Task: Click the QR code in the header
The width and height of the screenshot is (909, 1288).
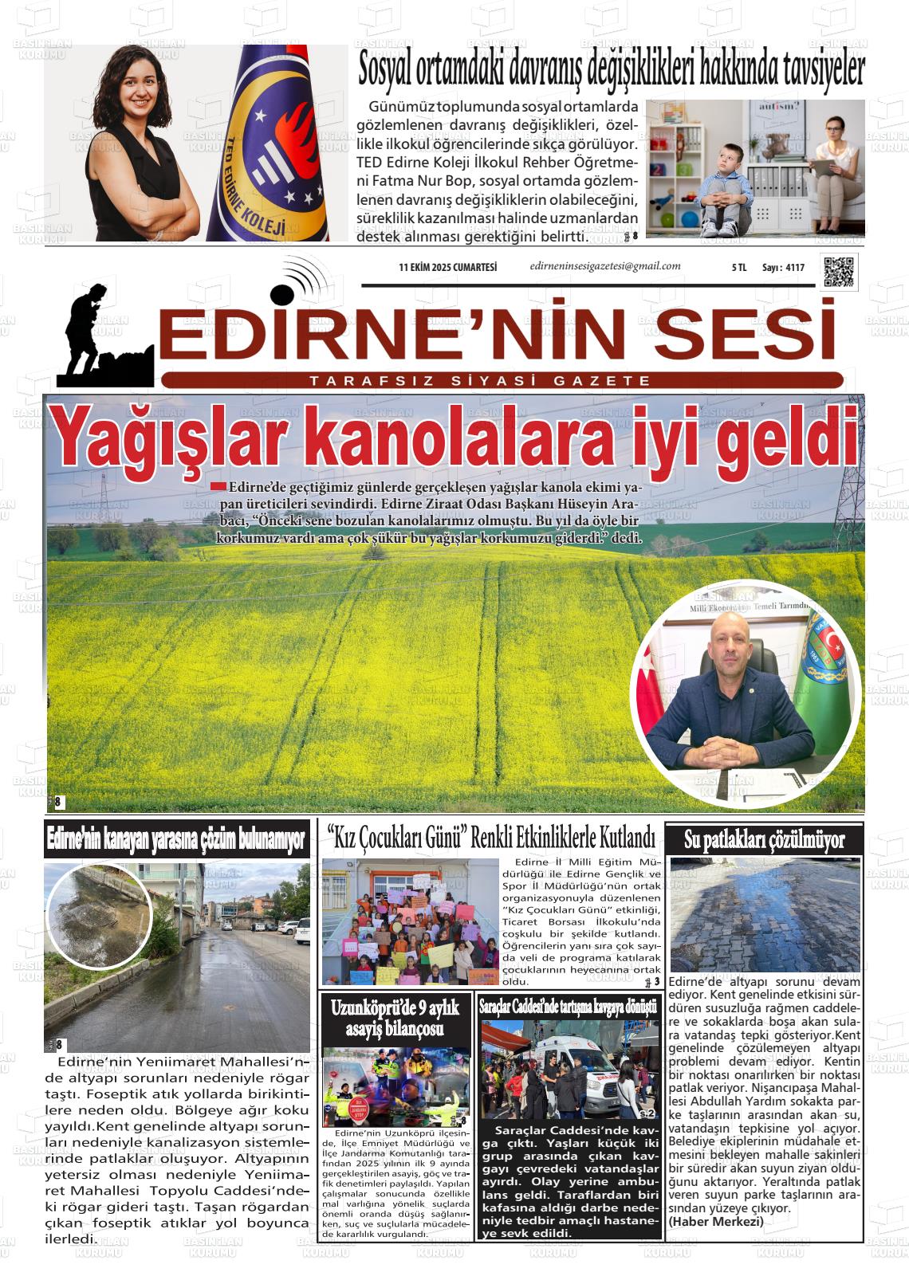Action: coord(839,272)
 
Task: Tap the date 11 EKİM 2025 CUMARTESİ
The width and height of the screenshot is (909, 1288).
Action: coord(447,268)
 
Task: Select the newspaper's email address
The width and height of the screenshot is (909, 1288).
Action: coord(604,266)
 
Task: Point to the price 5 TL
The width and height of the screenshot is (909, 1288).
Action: coord(738,268)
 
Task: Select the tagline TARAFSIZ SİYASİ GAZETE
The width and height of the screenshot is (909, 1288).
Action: coord(480,381)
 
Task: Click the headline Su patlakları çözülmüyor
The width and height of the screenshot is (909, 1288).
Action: coord(764,839)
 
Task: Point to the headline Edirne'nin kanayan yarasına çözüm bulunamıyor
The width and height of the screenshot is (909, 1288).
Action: coord(176,839)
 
